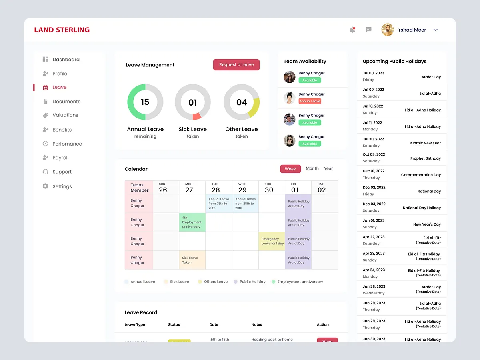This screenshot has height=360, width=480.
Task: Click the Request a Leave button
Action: (236, 65)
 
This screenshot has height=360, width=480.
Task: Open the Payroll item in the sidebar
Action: (60, 158)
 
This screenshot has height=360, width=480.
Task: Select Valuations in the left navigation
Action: (65, 115)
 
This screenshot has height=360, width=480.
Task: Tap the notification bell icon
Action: (352, 30)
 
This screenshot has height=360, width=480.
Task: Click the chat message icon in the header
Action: (369, 30)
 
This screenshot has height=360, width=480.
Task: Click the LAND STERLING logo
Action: (62, 30)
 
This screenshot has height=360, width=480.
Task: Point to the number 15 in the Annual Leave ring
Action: (145, 102)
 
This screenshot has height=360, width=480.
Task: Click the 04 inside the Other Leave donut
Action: (242, 102)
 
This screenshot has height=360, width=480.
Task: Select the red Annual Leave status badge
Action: (310, 102)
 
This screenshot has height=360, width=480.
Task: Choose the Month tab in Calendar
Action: (312, 168)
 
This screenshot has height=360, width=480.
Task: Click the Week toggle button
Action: (290, 169)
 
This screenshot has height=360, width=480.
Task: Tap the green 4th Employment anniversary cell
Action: (192, 222)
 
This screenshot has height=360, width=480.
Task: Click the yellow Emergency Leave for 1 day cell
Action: (272, 241)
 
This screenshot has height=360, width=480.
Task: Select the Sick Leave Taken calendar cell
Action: (192, 260)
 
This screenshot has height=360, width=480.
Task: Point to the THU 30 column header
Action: (269, 188)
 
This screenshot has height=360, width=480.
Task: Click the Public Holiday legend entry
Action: (252, 282)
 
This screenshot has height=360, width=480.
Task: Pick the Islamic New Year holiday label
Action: (425, 143)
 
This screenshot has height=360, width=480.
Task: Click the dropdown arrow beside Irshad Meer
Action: (436, 30)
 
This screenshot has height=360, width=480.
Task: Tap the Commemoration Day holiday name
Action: (421, 175)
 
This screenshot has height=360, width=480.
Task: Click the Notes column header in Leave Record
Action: (257, 325)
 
